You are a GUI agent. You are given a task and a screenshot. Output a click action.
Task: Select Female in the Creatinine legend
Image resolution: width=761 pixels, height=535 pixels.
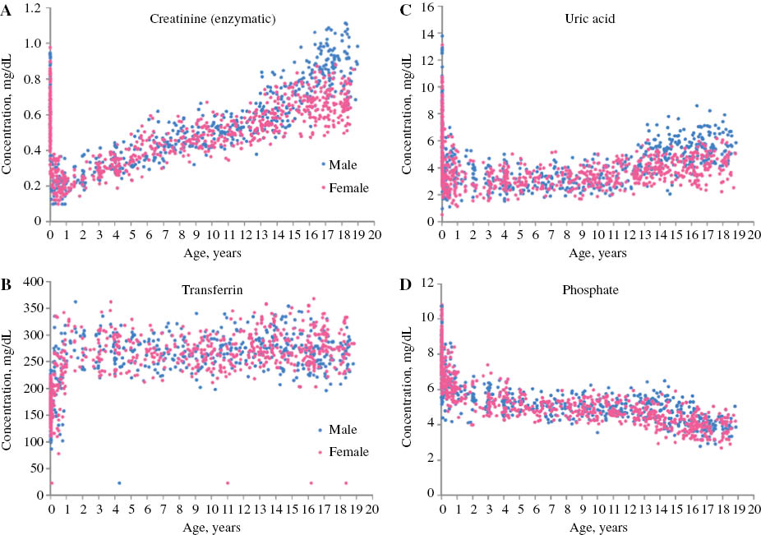point(346,188)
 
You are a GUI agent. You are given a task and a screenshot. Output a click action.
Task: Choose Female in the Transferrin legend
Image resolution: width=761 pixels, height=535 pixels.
point(346,452)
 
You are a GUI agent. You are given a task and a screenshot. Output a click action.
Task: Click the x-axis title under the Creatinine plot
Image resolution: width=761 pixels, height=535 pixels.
point(211,253)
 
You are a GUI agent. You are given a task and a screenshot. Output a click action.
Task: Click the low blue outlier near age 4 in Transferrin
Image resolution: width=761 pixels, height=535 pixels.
point(119,483)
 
